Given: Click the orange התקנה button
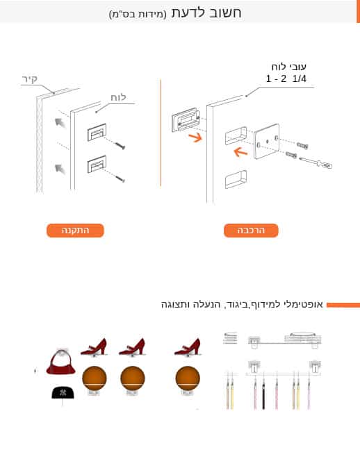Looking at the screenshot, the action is click(75, 231).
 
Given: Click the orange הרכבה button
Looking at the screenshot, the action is click(251, 231).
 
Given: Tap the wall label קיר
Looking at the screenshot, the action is click(30, 79).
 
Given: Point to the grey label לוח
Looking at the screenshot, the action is click(118, 97).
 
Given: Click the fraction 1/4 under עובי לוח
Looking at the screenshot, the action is click(300, 78).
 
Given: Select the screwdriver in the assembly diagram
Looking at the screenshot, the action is click(316, 162).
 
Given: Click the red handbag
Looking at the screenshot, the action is click(61, 362).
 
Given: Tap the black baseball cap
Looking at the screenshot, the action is click(63, 392).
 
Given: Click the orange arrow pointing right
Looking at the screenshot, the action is click(195, 137).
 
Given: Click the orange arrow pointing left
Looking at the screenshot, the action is click(240, 152).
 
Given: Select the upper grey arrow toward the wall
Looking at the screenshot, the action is click(60, 122).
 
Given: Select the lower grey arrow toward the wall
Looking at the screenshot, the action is click(60, 169).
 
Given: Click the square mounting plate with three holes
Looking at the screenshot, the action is click(267, 142).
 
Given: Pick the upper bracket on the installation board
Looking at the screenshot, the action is click(97, 132).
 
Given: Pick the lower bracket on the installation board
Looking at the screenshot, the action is click(97, 165).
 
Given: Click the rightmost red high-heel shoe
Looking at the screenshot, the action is click(188, 346).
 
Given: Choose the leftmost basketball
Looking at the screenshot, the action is click(95, 378).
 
